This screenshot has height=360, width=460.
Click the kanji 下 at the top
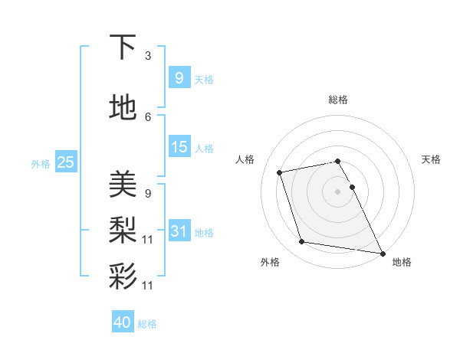pos(123,47)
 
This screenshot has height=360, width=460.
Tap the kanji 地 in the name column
pos(123,108)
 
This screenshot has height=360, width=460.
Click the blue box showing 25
pos(65,162)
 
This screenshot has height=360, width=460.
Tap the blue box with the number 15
pos(179,147)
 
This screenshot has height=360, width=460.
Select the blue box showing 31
pos(179,231)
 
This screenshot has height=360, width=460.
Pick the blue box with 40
pos(122,322)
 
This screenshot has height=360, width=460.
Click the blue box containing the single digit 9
pos(179,77)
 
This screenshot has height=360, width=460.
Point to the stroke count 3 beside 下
pos(148,56)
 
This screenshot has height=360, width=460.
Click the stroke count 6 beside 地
pos(148,116)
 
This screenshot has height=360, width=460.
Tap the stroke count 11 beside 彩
pos(148,285)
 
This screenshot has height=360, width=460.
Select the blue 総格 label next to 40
pos(147,324)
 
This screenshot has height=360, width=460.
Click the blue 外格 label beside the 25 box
pos(41,163)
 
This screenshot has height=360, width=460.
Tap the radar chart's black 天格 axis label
pos(431,159)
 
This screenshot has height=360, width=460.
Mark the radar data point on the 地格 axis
pos(383,253)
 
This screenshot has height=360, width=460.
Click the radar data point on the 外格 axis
pos(302,242)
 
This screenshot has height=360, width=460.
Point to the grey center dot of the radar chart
pos(337,191)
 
